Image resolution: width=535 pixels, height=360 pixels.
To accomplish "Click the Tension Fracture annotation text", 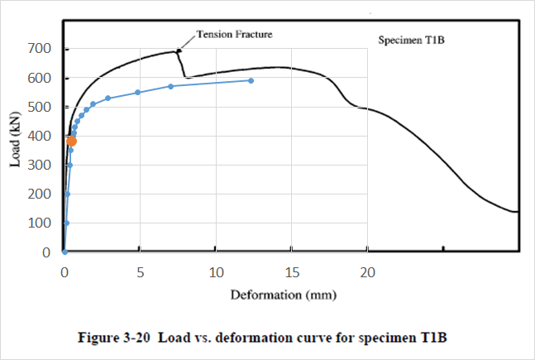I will click(x=234, y=35).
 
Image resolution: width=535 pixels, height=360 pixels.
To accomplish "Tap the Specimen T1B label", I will click(x=411, y=40).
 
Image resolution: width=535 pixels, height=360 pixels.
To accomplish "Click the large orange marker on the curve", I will click(x=71, y=142).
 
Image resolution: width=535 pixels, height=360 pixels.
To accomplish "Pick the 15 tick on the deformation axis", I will click(x=292, y=271).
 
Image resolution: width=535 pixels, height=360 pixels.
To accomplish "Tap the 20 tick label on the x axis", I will click(x=368, y=271).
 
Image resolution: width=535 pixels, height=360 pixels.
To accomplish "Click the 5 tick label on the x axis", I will click(x=140, y=271).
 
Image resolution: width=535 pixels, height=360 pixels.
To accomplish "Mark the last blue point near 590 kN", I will click(x=251, y=80).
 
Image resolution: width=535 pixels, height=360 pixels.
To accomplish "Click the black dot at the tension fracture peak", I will click(x=179, y=51).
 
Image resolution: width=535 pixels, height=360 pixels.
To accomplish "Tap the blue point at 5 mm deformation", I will click(x=138, y=92).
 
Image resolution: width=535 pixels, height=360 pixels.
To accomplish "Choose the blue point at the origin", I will click(x=64, y=252).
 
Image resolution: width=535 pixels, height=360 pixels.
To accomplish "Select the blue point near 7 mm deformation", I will click(x=170, y=86).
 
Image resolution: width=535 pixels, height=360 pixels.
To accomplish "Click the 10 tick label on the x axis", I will click(x=216, y=271).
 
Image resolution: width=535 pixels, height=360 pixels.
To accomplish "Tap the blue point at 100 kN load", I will click(x=66, y=223).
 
